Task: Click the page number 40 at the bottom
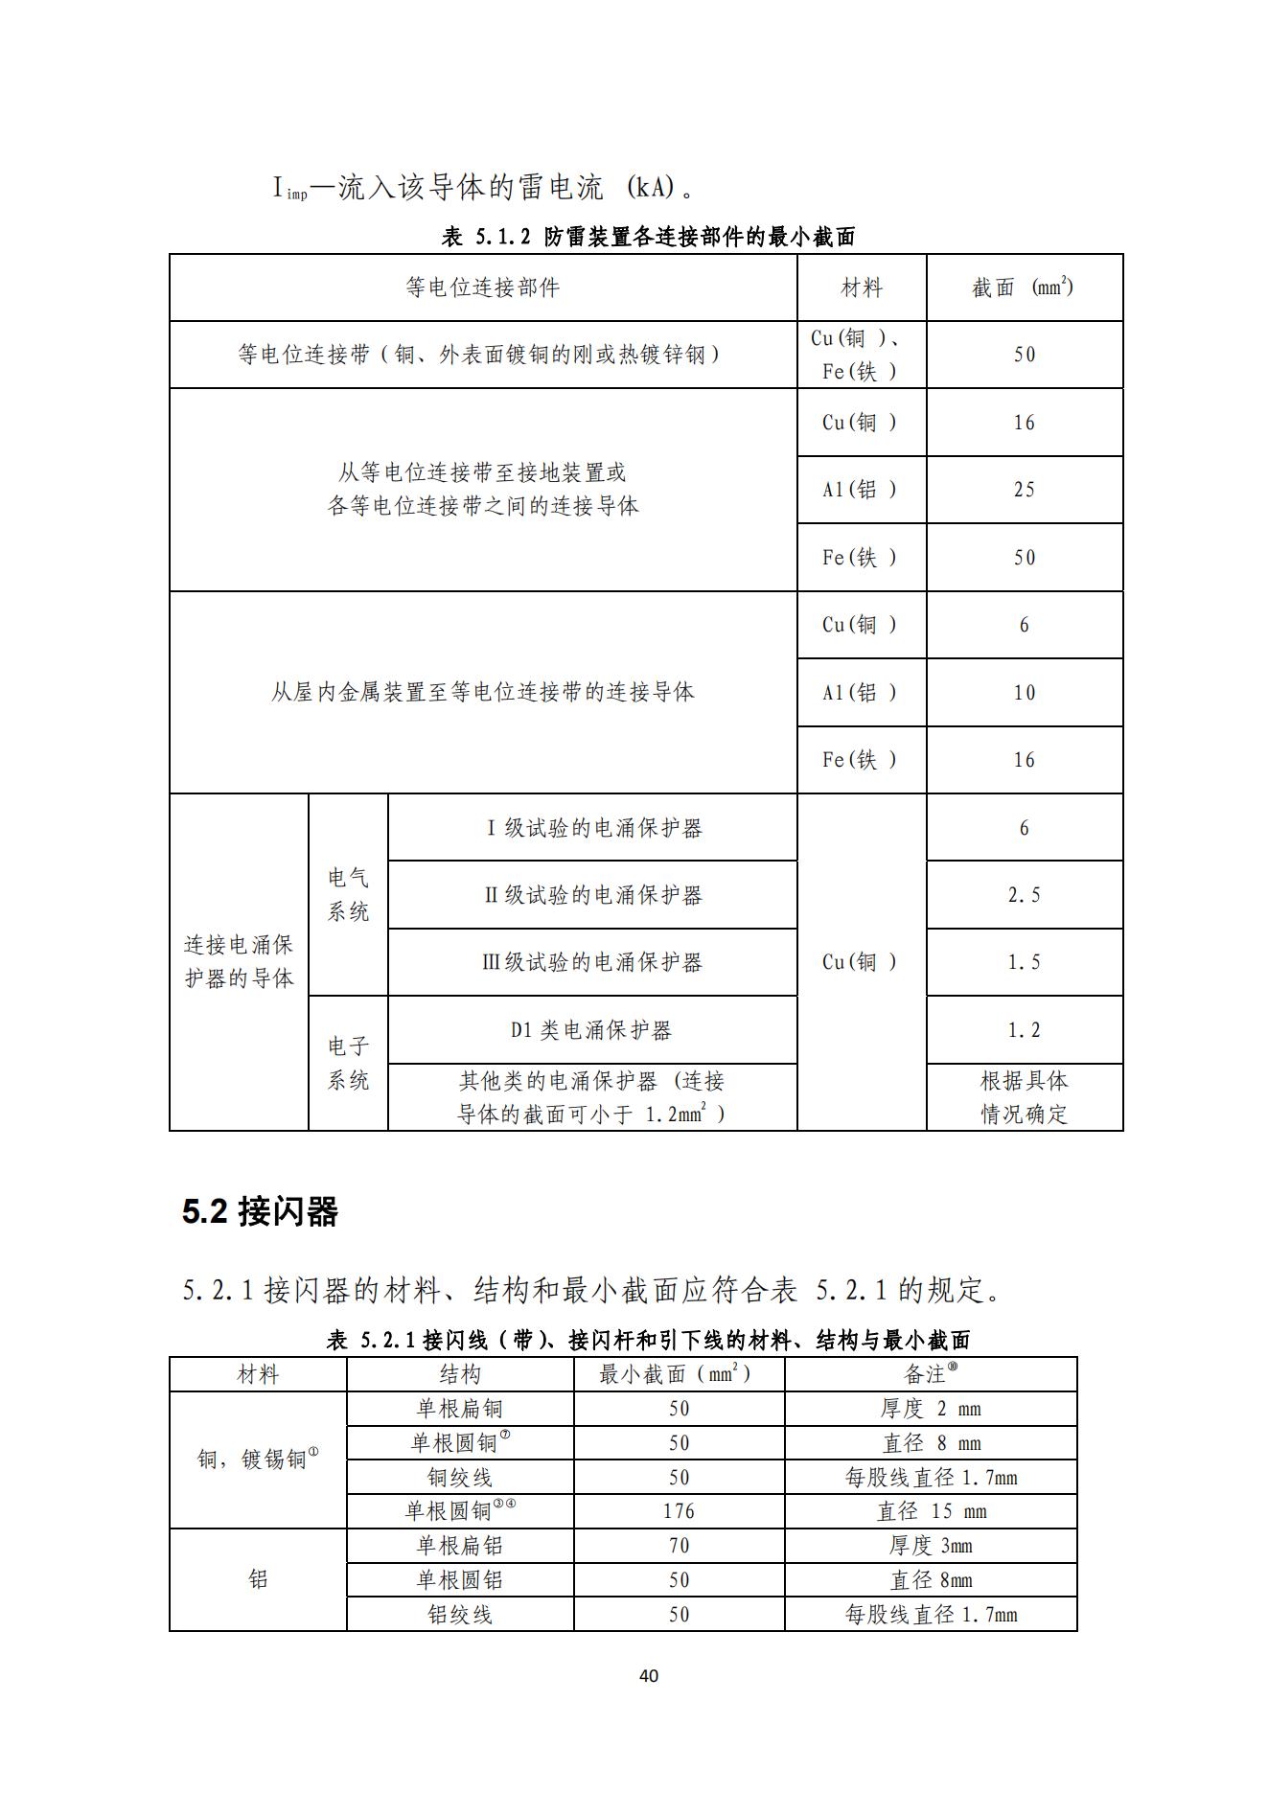click(648, 1675)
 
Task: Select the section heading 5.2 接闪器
click(260, 1212)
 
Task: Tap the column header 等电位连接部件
click(482, 287)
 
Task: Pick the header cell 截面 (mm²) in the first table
click(1023, 287)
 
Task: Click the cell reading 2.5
click(1024, 895)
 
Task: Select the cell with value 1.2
click(1024, 1030)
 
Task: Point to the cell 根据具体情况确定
click(1024, 1097)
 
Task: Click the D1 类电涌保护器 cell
click(591, 1030)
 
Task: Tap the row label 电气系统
click(348, 894)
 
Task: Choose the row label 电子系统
click(348, 1063)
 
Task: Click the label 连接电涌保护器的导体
click(239, 961)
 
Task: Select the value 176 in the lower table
click(679, 1511)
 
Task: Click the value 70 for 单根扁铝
click(679, 1546)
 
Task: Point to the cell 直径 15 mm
click(931, 1511)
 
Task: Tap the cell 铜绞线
click(460, 1477)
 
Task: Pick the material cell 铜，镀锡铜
click(257, 1460)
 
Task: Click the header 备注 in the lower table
click(930, 1374)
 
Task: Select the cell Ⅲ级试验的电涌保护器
click(591, 962)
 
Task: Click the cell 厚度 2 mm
click(931, 1409)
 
